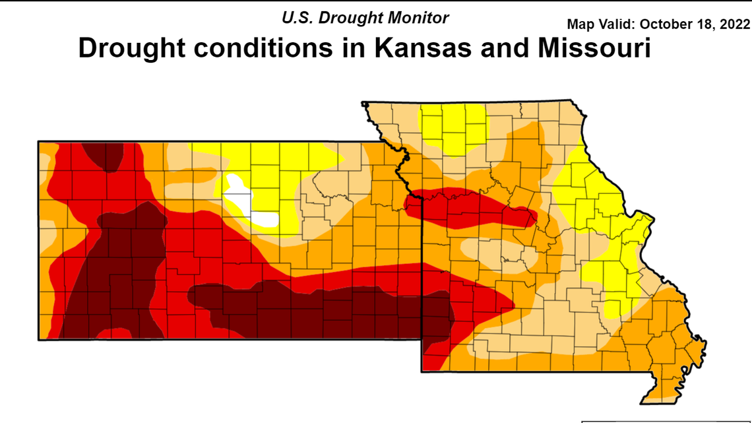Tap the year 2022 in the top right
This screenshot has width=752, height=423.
click(736, 24)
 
